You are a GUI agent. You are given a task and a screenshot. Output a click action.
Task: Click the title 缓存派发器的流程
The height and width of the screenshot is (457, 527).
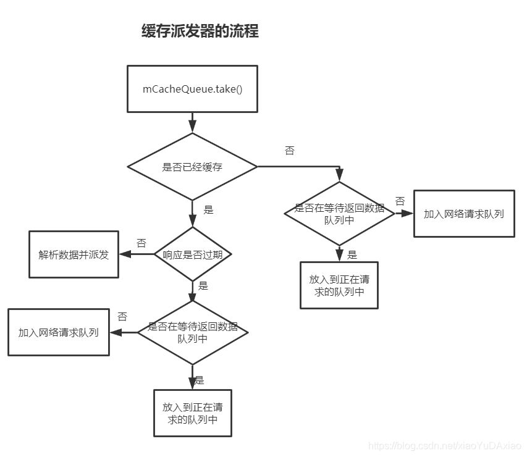[x=200, y=31]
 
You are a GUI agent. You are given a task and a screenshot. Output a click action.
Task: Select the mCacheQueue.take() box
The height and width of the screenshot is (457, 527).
[x=192, y=89]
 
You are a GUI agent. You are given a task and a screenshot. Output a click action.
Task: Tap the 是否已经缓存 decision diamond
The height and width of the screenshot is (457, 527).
[x=192, y=167]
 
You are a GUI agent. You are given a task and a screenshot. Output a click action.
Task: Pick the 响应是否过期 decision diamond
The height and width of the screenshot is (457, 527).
[x=192, y=254]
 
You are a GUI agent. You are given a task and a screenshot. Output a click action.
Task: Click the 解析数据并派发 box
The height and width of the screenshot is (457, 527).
[x=74, y=254]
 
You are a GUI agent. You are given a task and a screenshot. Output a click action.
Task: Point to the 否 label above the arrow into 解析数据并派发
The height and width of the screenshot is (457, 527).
[x=141, y=243]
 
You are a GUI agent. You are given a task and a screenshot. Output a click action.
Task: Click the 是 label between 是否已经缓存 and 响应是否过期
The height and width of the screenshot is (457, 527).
[x=208, y=210]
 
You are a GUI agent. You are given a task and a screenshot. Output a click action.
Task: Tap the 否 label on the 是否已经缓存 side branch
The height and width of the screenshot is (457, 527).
[x=289, y=151]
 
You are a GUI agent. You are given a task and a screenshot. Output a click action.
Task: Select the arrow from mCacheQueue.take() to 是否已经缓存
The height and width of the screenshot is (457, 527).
[x=192, y=122]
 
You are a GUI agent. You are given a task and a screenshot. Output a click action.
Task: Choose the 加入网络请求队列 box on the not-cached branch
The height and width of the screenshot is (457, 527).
[x=463, y=214]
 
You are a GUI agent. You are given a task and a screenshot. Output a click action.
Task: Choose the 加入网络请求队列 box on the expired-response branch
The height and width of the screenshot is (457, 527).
[x=58, y=332]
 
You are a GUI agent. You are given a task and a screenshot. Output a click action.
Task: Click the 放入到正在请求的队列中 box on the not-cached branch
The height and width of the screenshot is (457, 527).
[x=339, y=285]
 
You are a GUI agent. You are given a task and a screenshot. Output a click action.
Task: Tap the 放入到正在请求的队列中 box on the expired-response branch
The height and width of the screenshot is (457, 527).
[x=192, y=413]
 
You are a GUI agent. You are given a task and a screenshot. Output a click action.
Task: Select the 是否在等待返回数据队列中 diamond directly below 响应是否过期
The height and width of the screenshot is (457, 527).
[x=192, y=332]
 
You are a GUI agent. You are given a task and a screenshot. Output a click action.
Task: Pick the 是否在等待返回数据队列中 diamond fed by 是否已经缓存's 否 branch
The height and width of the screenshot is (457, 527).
[x=339, y=214]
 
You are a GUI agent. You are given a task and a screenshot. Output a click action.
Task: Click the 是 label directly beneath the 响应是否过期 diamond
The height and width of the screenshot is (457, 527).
[x=203, y=286]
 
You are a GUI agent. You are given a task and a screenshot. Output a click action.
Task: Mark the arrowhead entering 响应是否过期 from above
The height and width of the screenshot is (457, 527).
[x=192, y=222]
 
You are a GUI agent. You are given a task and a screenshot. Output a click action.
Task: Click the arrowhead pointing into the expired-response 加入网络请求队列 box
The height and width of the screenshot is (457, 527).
[x=114, y=332]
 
